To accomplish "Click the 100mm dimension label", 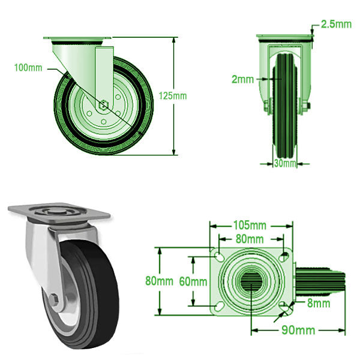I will [28, 68].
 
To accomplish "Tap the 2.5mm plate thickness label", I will [336, 24].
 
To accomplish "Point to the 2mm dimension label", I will [241, 78].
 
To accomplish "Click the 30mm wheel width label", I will [285, 163].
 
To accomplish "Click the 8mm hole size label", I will [317, 304].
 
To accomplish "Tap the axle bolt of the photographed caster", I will [55, 299].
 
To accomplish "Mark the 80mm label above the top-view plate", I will [249, 238].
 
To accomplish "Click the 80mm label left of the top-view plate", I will [160, 280].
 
